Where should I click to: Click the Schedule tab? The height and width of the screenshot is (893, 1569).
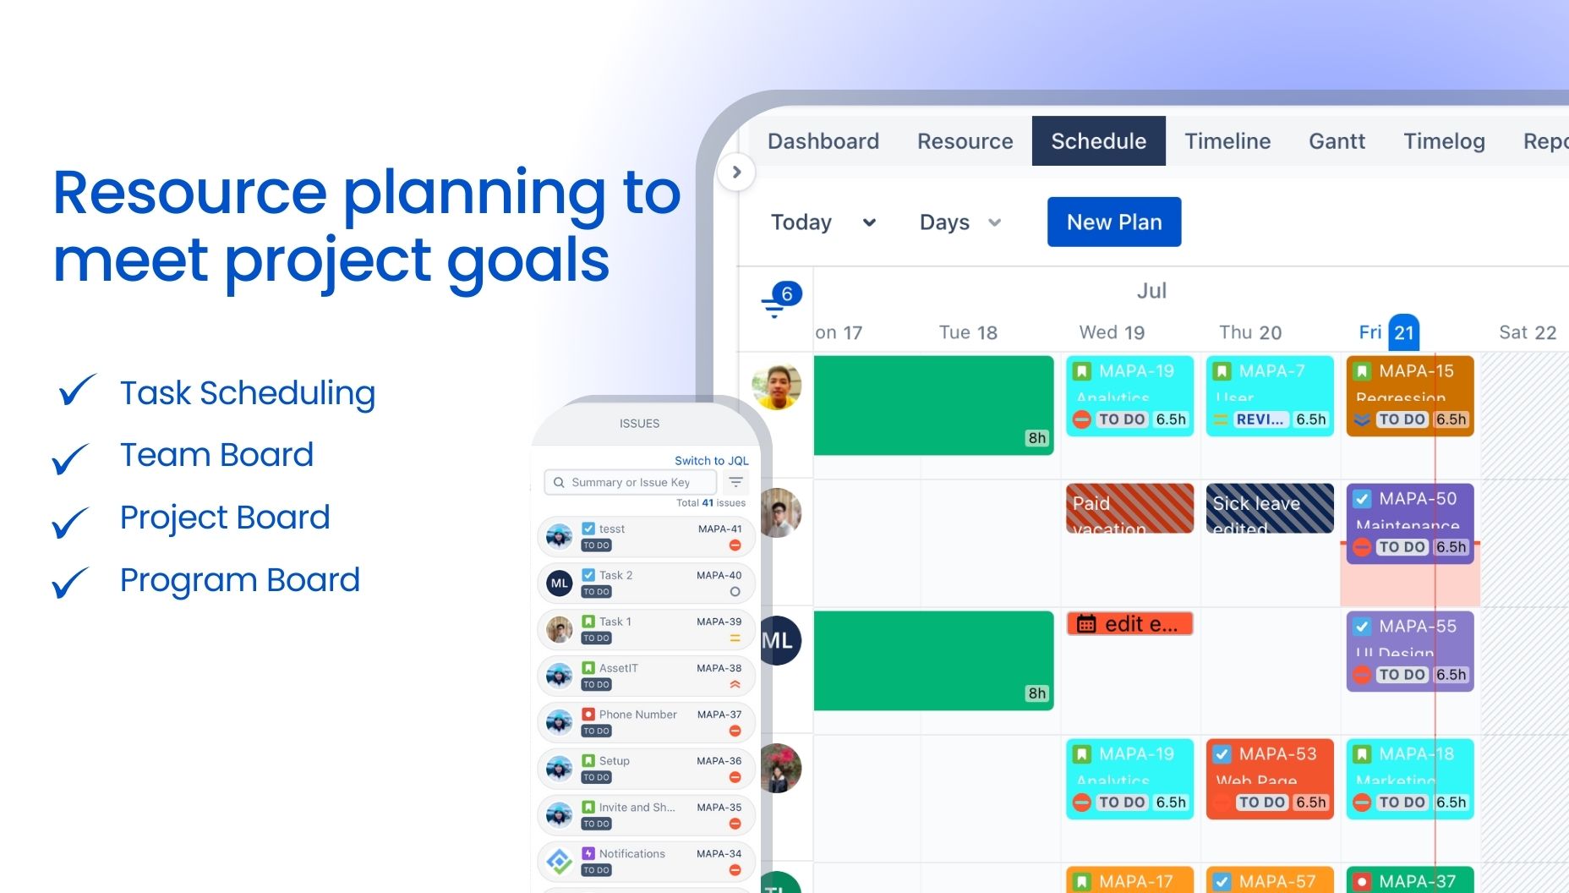[1098, 141]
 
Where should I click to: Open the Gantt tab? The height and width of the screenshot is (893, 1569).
[1337, 141]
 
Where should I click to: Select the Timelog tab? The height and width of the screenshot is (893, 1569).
[1444, 141]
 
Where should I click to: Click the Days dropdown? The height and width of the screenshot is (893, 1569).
[959, 222]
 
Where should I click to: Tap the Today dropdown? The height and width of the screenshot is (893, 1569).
[822, 222]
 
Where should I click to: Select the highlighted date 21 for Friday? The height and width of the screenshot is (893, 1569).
[1403, 332]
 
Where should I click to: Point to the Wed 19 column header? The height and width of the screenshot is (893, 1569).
[1112, 332]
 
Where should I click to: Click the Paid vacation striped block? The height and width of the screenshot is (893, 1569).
[1129, 508]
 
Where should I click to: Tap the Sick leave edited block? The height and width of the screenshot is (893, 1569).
[1270, 508]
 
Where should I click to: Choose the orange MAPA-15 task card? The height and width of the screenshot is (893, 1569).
[1409, 396]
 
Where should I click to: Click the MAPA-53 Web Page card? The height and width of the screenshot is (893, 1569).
[1270, 778]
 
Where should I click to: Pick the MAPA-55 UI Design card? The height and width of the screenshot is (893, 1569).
[1409, 651]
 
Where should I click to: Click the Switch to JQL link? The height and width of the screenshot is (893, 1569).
[711, 461]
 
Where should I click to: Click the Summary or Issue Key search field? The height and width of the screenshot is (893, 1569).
[631, 482]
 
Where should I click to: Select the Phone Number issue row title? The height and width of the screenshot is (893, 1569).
[637, 715]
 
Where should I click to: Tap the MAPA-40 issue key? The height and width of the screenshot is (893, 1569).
[719, 575]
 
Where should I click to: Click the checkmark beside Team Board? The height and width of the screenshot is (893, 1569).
[70, 457]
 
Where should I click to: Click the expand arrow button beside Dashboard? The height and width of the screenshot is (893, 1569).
[736, 173]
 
